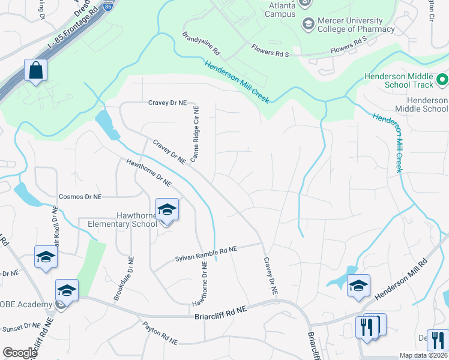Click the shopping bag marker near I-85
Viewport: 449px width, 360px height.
36,70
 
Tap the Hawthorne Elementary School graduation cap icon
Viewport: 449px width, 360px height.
167,210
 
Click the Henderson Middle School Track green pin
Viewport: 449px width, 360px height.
442,79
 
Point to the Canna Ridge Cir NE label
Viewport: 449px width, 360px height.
194,133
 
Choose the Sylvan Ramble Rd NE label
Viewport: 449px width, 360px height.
206,253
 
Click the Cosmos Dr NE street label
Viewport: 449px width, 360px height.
80,196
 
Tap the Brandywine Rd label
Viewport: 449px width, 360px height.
202,43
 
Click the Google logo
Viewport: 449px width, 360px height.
20,353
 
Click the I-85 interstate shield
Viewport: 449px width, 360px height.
107,7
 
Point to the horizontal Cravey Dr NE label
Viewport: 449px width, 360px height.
169,103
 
